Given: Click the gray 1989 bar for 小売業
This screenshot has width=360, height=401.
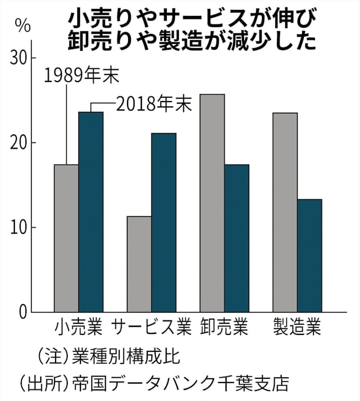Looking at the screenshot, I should tap(67, 238).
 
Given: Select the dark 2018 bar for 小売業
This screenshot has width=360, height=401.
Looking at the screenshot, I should tap(91, 212).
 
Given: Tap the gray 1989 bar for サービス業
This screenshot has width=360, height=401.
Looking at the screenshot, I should tap(139, 264).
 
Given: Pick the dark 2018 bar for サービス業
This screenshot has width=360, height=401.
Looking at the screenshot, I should tap(164, 222).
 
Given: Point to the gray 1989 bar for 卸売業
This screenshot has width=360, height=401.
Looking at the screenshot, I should tap(212, 203).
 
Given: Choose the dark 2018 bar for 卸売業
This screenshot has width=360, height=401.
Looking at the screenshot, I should tap(236, 238).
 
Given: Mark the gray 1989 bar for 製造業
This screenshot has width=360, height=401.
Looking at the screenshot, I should tap(285, 212).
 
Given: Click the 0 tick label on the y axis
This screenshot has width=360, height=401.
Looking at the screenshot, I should tap(22, 313).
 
